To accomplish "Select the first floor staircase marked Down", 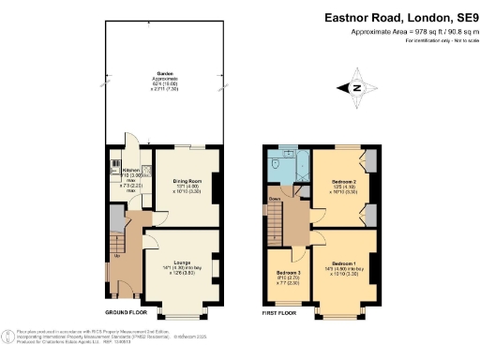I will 275,225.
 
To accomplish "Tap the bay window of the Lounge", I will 184,308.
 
